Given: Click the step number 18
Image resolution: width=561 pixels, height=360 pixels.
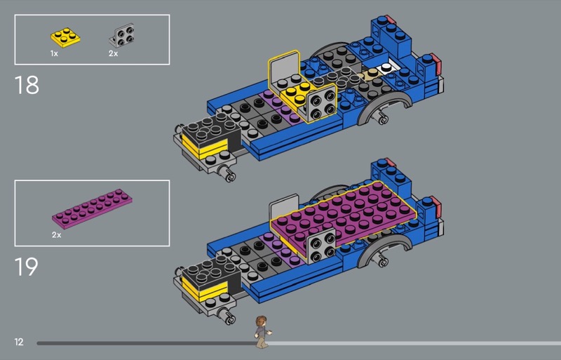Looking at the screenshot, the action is tap(27, 85).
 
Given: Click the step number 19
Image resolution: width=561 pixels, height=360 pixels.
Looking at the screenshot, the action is tap(26, 267).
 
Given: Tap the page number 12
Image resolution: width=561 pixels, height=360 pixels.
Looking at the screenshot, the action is tap(19, 342).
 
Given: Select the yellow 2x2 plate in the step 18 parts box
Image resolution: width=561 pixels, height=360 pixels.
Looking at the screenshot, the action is tap(65, 38).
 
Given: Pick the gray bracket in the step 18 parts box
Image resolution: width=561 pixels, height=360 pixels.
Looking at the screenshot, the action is tap(122, 36).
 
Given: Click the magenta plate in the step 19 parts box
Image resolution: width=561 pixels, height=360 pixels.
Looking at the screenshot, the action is tap(93, 209).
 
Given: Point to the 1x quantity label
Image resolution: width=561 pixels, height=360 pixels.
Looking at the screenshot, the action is tap(54, 54).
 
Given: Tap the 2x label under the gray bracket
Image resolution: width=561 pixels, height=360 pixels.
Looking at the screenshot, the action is tap(113, 54).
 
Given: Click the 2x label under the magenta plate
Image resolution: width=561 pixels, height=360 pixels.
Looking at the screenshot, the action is tap(57, 235).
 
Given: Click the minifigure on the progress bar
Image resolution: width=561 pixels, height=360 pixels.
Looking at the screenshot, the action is tap(262, 332).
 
